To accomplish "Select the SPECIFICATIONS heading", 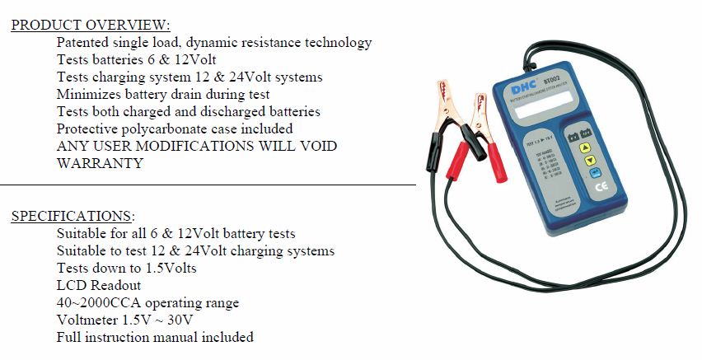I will (x=73, y=217).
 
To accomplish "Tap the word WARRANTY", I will (x=100, y=163).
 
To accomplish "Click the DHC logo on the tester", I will (x=519, y=94).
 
